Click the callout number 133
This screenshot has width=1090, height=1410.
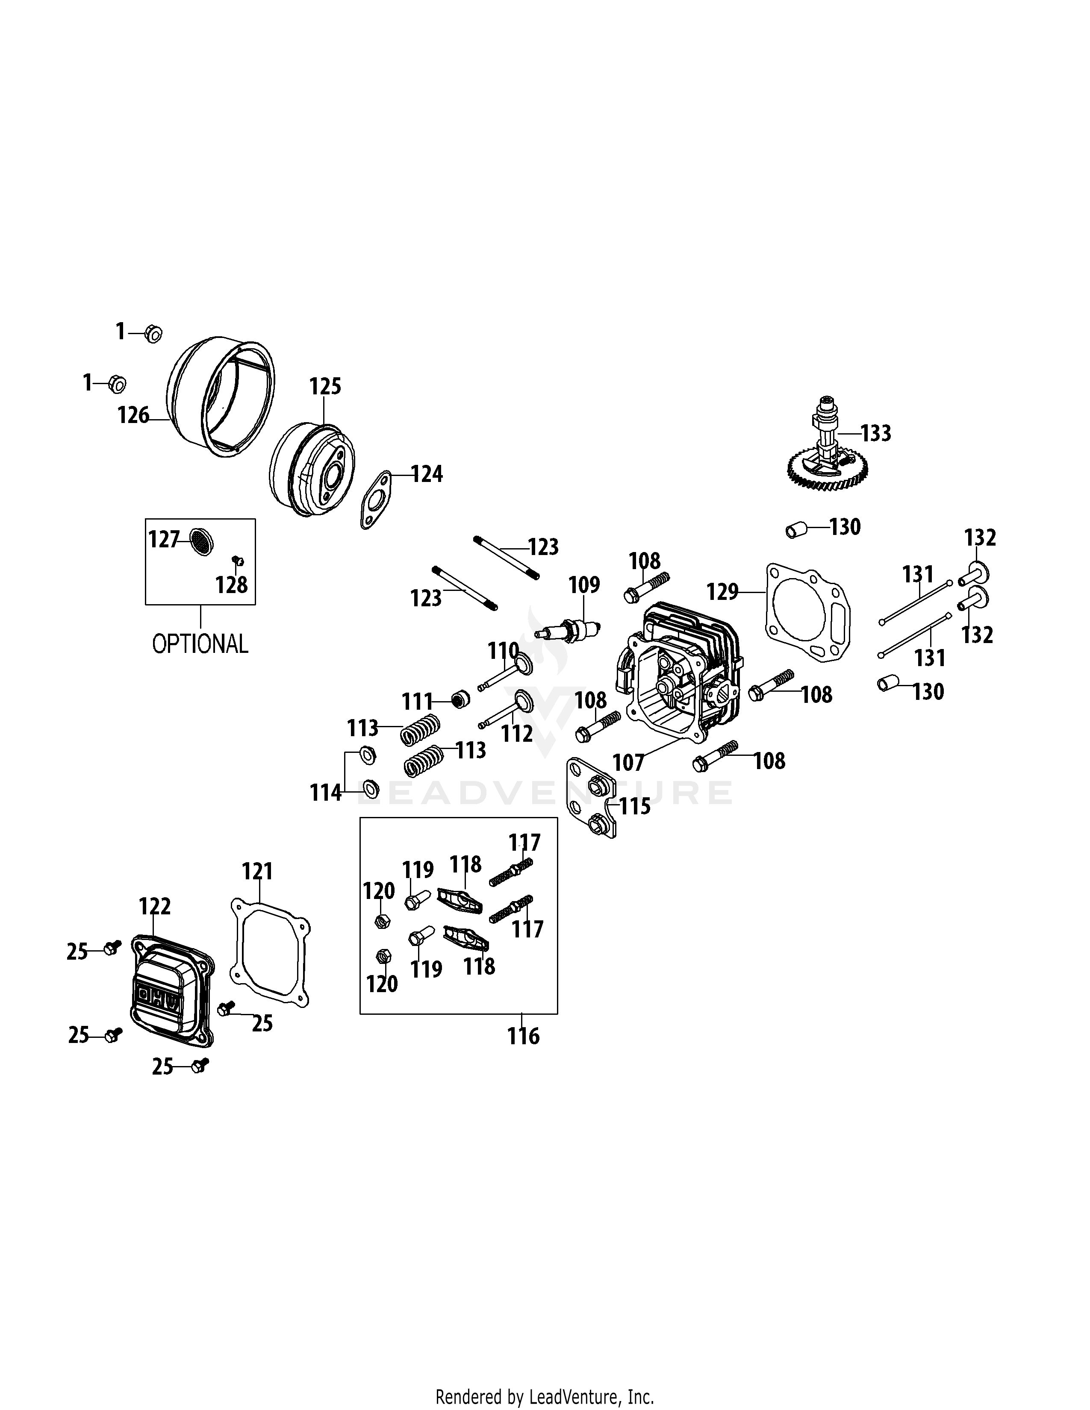(875, 433)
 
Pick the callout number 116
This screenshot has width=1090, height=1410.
(523, 1036)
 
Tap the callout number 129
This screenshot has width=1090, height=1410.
(722, 591)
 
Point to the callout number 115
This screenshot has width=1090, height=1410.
(635, 806)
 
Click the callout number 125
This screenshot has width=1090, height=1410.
(325, 386)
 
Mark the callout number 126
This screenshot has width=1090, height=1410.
(133, 415)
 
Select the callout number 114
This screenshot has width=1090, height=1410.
(325, 793)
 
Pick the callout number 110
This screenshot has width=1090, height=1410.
(504, 651)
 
